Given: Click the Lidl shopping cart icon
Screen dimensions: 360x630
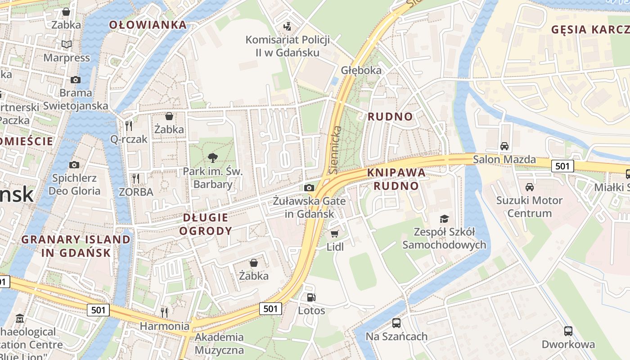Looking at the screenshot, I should (x=334, y=234).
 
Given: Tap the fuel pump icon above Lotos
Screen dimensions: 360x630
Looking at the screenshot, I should (x=311, y=297).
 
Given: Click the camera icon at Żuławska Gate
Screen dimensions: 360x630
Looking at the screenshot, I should (x=309, y=188).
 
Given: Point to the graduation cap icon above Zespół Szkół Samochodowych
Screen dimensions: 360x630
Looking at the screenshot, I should (x=444, y=219).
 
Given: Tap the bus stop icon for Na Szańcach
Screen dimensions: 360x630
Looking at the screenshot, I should (x=396, y=323).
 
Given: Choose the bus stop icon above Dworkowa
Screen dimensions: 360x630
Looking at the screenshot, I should (x=568, y=331).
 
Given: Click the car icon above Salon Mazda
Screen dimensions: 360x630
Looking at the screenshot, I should (x=504, y=146).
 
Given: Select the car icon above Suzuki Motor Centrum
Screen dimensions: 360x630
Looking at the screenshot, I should (x=529, y=187).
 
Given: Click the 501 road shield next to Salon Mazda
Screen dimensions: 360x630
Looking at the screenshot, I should (x=562, y=166).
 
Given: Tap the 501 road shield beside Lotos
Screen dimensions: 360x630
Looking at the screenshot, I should (x=270, y=308).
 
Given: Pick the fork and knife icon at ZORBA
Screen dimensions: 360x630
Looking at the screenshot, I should (x=136, y=178).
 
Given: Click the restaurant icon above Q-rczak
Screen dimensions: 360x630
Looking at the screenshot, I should (x=129, y=126).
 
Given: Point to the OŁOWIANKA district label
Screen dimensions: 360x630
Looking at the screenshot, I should (x=148, y=25).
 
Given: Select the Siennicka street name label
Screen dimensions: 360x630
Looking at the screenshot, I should (x=334, y=150).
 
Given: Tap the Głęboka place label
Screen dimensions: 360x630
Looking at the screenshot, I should (x=361, y=70).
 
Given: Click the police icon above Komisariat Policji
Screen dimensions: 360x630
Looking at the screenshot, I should (x=287, y=27).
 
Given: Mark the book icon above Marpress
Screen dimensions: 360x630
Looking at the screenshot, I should (x=67, y=45).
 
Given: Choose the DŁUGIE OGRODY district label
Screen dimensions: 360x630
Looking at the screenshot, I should (x=206, y=224).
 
